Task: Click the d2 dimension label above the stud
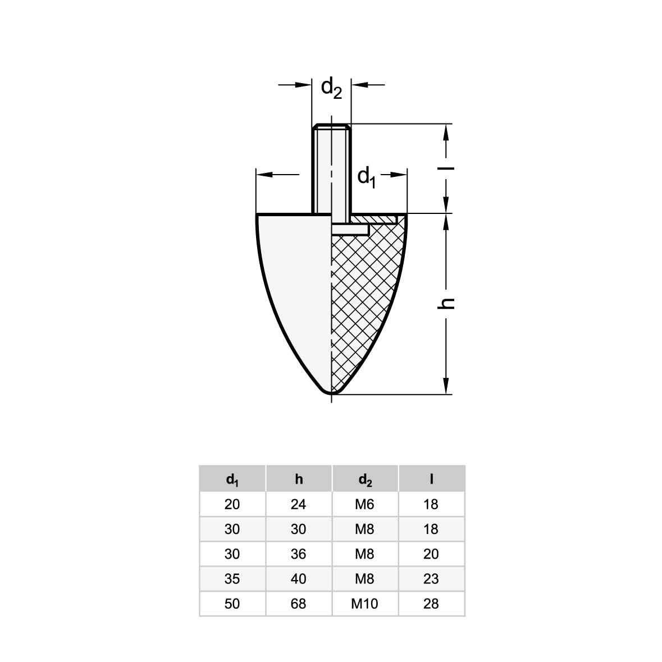pyautogui.click(x=331, y=88)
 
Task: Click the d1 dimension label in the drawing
pyautogui.click(x=367, y=177)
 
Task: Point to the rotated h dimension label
pyautogui.click(x=446, y=303)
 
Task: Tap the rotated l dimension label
pyautogui.click(x=446, y=169)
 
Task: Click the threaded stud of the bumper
pyautogui.click(x=331, y=168)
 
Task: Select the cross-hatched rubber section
pyautogui.click(x=364, y=295)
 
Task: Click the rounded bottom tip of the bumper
pyautogui.click(x=332, y=392)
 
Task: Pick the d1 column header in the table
pyautogui.click(x=232, y=480)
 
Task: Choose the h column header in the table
pyautogui.click(x=299, y=479)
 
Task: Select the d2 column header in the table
pyautogui.click(x=365, y=480)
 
